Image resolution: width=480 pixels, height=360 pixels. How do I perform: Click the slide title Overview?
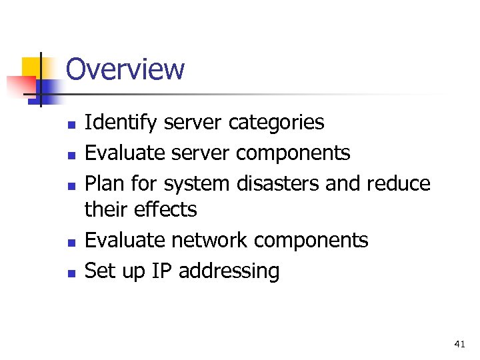click(125, 69)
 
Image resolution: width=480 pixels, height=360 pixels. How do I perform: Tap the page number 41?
click(459, 344)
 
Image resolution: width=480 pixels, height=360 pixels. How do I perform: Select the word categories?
click(276, 123)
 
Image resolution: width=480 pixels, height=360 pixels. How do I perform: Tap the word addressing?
click(229, 271)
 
